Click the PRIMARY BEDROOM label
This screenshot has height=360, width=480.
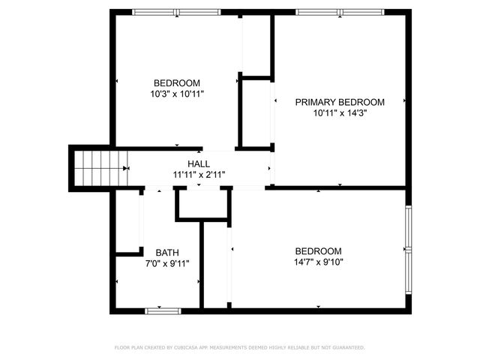339,102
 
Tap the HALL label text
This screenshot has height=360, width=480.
199,163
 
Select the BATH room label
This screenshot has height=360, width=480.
167,252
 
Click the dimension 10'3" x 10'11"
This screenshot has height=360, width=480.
177,94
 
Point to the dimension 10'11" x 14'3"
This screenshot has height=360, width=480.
340,114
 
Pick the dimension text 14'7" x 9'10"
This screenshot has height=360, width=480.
318,262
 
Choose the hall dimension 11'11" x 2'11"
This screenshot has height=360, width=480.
199,175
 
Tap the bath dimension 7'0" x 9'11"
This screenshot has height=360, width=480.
167,263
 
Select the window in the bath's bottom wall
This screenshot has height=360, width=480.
163,309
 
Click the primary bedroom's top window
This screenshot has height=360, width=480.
340,11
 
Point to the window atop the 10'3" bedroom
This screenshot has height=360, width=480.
177,11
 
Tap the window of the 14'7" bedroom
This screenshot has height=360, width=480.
409,249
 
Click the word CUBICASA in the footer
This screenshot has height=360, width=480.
187,347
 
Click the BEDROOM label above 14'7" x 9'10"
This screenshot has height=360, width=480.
318,251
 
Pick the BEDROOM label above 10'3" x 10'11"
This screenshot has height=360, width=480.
177,82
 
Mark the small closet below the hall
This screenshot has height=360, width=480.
201,204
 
